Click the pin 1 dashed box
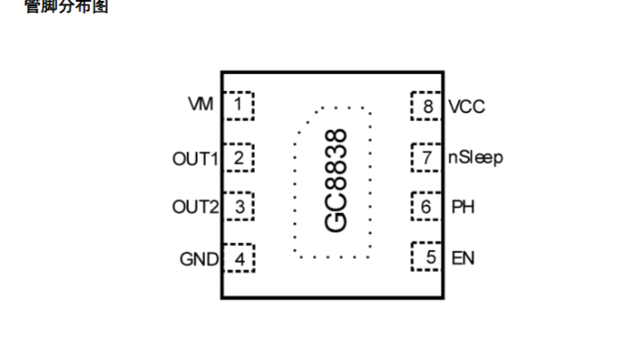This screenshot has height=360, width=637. click(x=238, y=105)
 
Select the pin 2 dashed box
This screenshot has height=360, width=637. click(x=238, y=158)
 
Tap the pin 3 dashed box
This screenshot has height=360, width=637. click(x=238, y=208)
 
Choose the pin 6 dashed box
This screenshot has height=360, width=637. click(x=427, y=208)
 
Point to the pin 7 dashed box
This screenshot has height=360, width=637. click(x=427, y=158)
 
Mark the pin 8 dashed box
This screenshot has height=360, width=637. click(x=427, y=106)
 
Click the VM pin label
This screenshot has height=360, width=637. click(x=200, y=105)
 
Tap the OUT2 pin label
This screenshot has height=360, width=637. click(x=195, y=208)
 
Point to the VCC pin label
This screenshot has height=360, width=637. click(x=467, y=106)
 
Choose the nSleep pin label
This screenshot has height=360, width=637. click(x=476, y=158)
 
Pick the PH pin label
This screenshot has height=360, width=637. click(x=462, y=208)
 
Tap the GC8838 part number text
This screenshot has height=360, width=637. click(x=335, y=181)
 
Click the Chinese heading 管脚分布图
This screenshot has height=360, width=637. click(x=68, y=7)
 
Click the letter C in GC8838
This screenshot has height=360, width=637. click(x=335, y=204)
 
